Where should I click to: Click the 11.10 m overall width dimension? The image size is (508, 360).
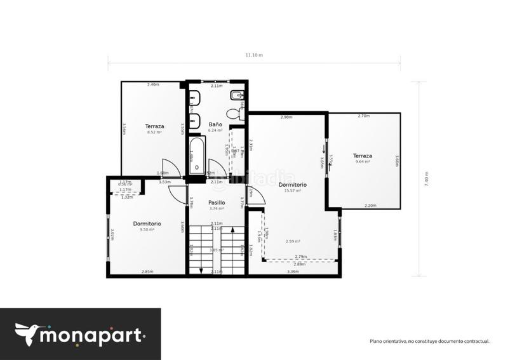tap(254, 55)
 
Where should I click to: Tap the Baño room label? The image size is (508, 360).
tap(215, 124)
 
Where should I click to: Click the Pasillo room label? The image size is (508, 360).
tap(217, 203)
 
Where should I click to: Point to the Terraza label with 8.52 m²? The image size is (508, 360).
tap(154, 126)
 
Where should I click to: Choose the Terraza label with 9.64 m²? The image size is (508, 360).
tap(363, 156)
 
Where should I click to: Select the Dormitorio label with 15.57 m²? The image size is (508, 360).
tap(292, 185)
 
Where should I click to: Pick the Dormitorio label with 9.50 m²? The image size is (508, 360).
tap(147, 223)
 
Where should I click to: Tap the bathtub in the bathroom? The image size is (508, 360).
tap(197, 157)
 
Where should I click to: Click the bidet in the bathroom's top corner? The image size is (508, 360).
tap(236, 97)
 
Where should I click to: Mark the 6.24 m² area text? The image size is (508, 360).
tap(215, 130)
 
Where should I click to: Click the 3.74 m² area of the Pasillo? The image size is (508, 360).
tap(217, 208)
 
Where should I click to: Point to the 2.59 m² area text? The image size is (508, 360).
tap(293, 241)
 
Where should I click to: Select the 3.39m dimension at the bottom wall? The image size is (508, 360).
tap(293, 272)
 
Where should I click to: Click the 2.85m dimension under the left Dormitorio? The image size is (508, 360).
tap(147, 272)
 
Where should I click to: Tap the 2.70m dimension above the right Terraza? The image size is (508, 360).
tap(364, 116)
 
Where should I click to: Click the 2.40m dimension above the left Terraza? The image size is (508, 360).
tap(153, 84)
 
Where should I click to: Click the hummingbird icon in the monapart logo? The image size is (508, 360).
tap(27, 333)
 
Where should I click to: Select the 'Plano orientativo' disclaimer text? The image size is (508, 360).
tap(429, 341)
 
